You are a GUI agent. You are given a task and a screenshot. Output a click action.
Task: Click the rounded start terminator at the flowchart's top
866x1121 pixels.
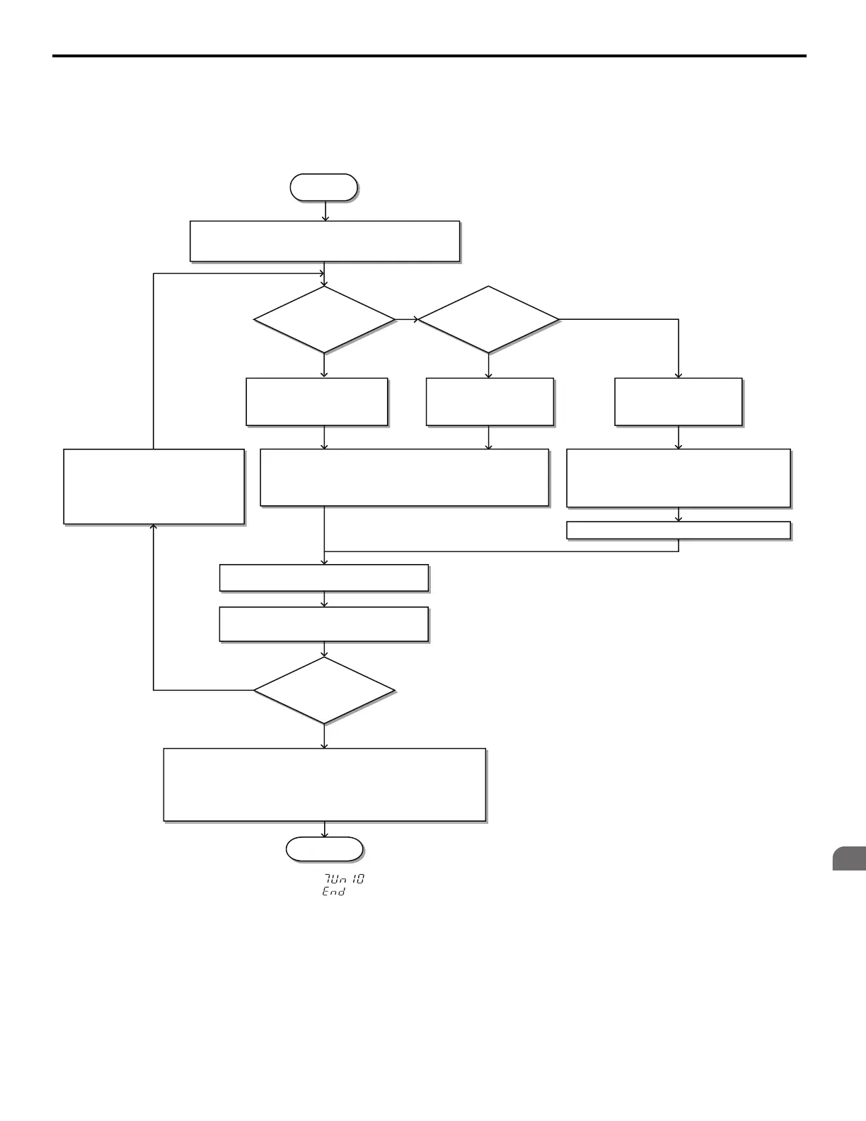point(324,188)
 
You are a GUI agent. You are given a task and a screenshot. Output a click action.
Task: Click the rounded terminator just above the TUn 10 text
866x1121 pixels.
point(324,849)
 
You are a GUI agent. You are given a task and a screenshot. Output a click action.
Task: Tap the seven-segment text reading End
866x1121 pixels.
point(334,892)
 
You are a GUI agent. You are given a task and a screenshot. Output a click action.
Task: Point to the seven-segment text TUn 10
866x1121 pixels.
point(344,879)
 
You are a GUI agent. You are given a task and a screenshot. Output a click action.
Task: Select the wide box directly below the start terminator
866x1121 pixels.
point(325,241)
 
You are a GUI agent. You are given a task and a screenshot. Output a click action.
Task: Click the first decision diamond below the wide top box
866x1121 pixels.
point(324,319)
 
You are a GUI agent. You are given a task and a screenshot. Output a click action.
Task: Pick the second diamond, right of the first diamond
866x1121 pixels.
point(488,319)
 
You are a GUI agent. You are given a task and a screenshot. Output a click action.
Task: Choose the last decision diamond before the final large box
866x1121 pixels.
point(324,690)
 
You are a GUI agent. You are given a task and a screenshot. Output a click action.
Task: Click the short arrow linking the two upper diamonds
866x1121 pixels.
point(408,319)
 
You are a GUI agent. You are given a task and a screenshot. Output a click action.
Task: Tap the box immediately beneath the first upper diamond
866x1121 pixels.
point(317,402)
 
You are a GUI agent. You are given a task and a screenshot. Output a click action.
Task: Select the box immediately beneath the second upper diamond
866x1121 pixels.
point(490,402)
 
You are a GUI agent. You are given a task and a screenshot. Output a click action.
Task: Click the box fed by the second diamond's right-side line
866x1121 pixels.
point(679,402)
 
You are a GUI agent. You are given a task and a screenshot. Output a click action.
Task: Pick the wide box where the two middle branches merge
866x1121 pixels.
point(405,477)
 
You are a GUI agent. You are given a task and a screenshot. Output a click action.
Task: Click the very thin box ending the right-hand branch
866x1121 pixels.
point(679,530)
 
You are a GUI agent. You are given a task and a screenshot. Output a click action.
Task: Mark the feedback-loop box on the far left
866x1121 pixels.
point(154,486)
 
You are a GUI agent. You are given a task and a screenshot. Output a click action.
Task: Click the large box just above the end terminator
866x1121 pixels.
point(325,784)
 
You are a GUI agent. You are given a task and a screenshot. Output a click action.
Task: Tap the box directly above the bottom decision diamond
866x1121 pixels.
point(324,624)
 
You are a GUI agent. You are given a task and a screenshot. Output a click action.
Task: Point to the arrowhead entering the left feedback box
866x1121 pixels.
point(154,528)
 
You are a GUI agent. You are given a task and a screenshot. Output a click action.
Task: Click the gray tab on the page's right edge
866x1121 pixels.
point(848,858)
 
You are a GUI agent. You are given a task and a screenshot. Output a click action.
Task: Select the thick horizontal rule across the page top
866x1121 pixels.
point(429,56)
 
